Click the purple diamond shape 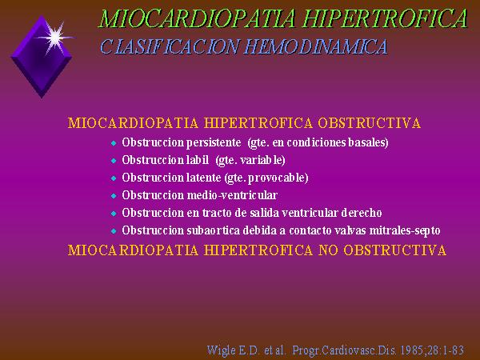[x=42, y=58]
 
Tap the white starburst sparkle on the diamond [x=55, y=38]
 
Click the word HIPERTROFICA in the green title [x=385, y=18]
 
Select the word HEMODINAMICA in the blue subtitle [x=316, y=47]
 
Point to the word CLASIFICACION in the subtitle [x=170, y=47]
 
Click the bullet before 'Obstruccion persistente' [x=114, y=143]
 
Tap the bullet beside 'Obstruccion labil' [x=114, y=161]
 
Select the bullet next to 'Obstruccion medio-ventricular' [x=114, y=196]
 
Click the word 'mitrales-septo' [x=405, y=230]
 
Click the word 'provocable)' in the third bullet [x=278, y=178]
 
